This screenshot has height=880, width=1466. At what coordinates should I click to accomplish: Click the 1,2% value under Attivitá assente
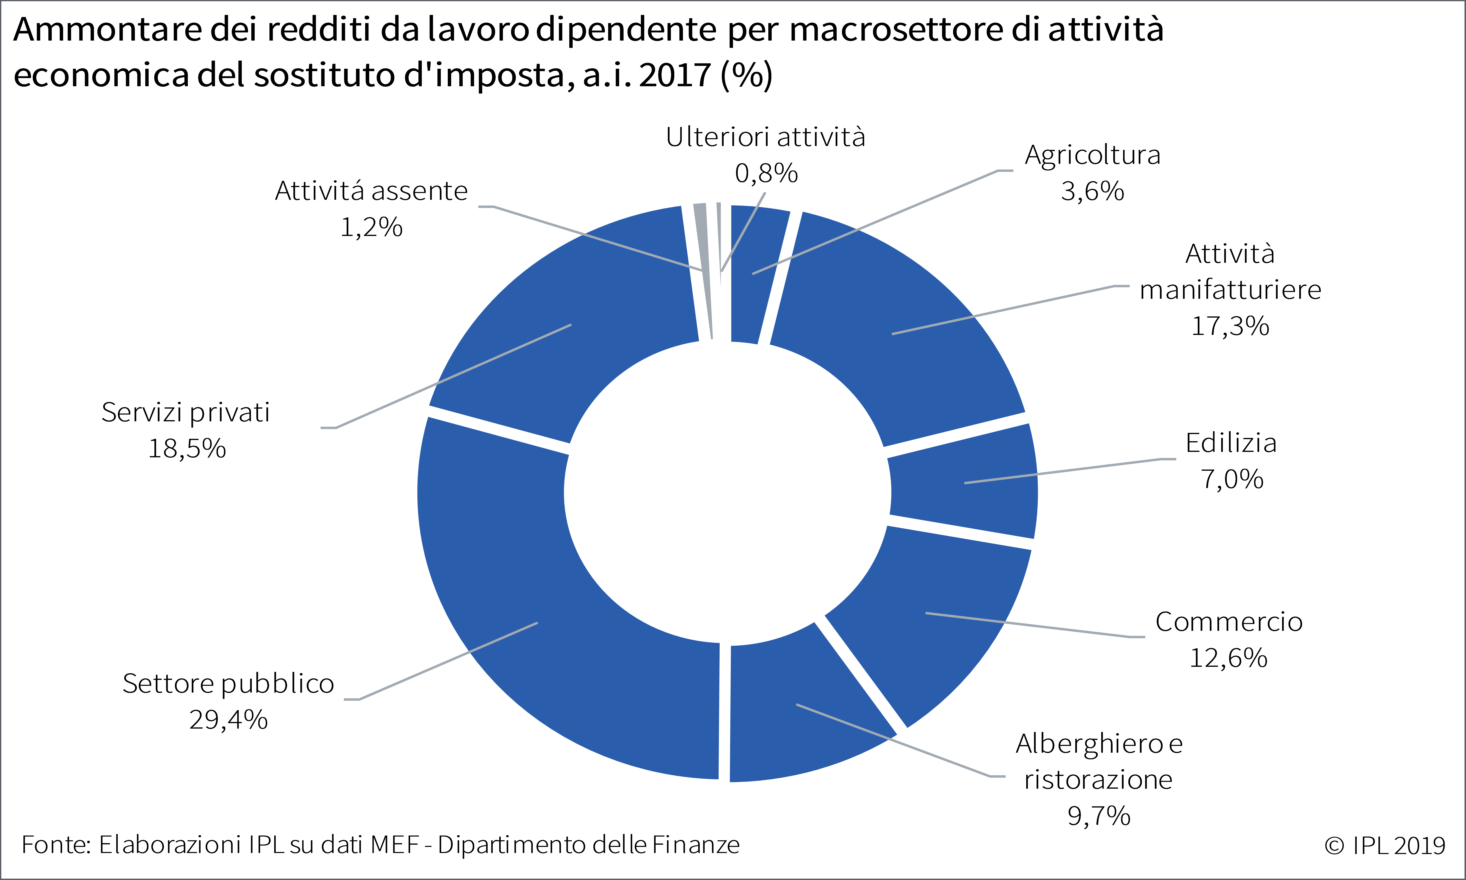[x=371, y=227]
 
